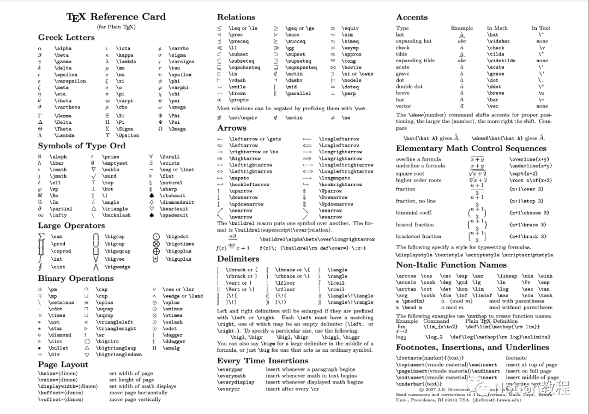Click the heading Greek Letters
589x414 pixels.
(66, 38)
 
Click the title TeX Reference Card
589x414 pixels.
(116, 17)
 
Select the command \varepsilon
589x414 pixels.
(70, 81)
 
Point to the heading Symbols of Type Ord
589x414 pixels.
(81, 146)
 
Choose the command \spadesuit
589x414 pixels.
(177, 215)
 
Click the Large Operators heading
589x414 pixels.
(71, 225)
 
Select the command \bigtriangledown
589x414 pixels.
(119, 355)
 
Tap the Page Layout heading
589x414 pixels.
(63, 364)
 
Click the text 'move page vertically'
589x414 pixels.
(135, 399)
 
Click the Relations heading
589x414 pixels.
(236, 17)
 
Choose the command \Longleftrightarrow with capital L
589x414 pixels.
(346, 172)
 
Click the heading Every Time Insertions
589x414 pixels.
(262, 361)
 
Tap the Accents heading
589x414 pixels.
(412, 17)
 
